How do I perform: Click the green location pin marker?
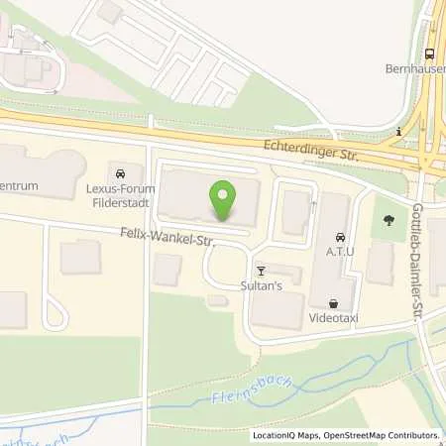pos(224,201)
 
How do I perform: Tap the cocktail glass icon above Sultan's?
pos(262,270)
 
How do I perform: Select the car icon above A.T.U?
pos(341,238)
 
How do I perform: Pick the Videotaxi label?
pos(334,319)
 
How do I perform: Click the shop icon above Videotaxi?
pos(334,304)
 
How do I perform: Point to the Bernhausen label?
pos(415,69)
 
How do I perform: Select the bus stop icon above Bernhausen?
pos(430,55)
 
